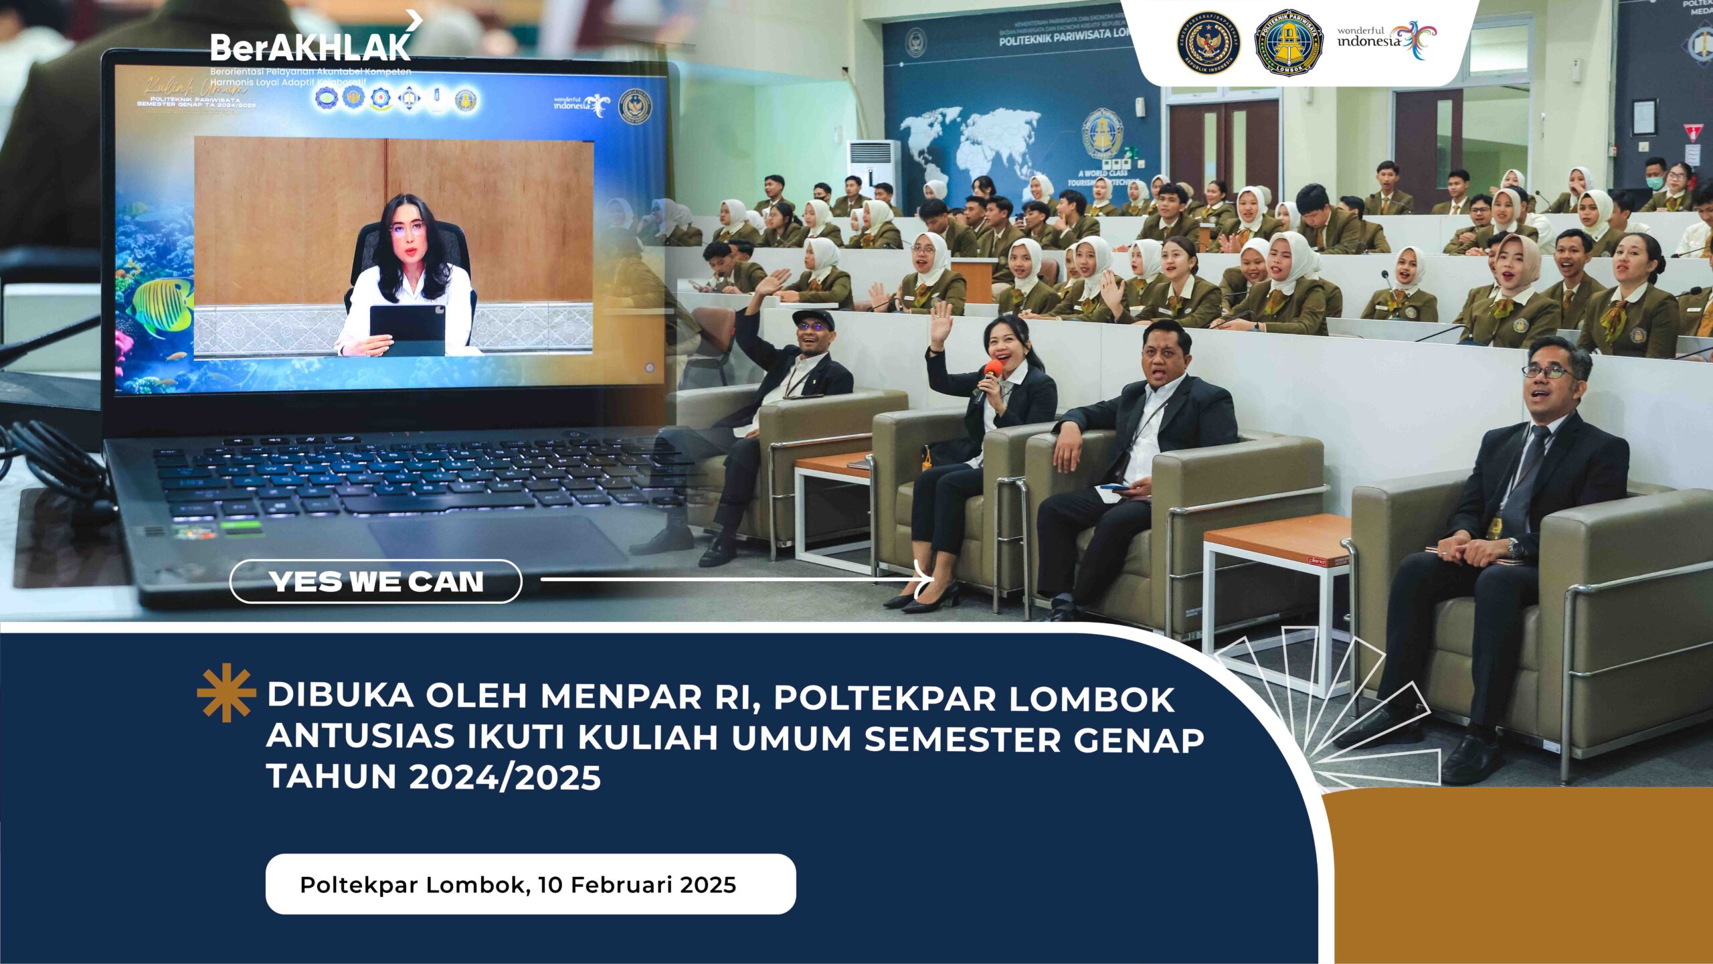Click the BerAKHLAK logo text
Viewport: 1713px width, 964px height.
point(310,47)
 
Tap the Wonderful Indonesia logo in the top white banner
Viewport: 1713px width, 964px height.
point(1386,40)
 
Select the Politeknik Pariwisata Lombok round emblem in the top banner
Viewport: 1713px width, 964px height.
point(1289,42)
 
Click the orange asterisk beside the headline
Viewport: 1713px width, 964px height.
point(226,693)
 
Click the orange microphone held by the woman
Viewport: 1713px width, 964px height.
point(992,369)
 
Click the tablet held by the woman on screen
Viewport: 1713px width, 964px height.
point(407,328)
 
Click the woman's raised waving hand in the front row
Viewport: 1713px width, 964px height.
point(941,321)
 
